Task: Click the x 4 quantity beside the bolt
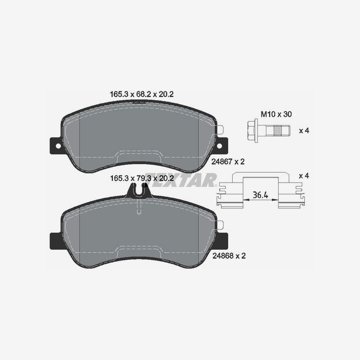[304, 131]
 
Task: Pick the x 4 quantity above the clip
[304, 175]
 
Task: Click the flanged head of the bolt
[252, 131]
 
